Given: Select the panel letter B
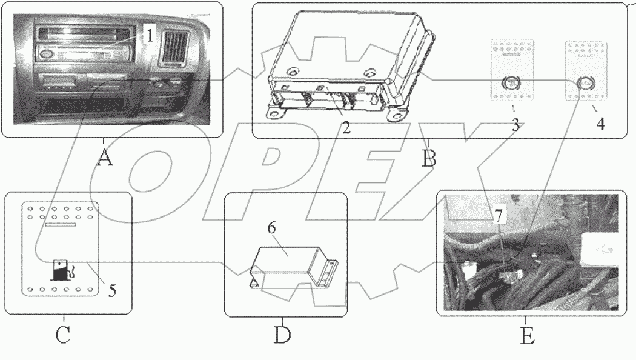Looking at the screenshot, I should tap(429, 159).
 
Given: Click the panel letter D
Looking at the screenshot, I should tap(282, 335).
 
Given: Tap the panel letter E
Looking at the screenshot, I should tap(527, 335).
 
